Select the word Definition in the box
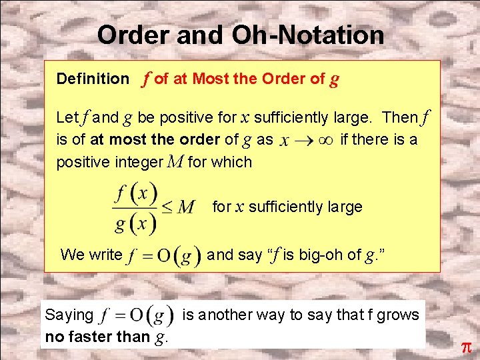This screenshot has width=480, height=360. [x=93, y=79]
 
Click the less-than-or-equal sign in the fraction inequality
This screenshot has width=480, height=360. [x=167, y=207]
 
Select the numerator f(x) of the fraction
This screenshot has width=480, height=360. [x=135, y=195]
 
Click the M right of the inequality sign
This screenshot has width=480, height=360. [x=187, y=207]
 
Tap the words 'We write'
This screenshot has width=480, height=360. [x=91, y=254]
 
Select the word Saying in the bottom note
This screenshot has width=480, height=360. [x=69, y=315]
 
